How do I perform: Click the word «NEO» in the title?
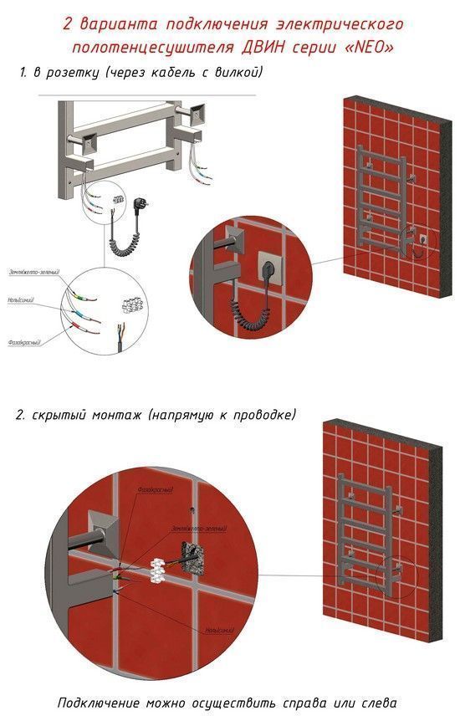pos(374,46)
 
